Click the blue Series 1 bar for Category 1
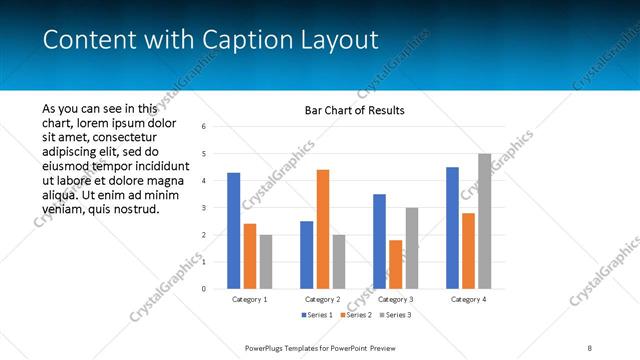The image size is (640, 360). [233, 231]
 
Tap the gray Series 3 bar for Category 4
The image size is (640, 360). [484, 221]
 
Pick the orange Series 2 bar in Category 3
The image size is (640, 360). [395, 264]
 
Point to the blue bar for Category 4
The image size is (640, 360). [452, 228]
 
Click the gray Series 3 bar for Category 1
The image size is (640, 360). [265, 262]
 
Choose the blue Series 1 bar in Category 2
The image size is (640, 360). [306, 255]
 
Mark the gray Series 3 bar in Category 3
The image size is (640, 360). [411, 248]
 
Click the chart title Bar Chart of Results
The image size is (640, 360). [354, 110]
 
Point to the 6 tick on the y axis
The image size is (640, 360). [203, 127]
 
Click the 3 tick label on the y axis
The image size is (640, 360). [203, 208]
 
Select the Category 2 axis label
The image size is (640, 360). [322, 299]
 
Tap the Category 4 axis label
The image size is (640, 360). [468, 299]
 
